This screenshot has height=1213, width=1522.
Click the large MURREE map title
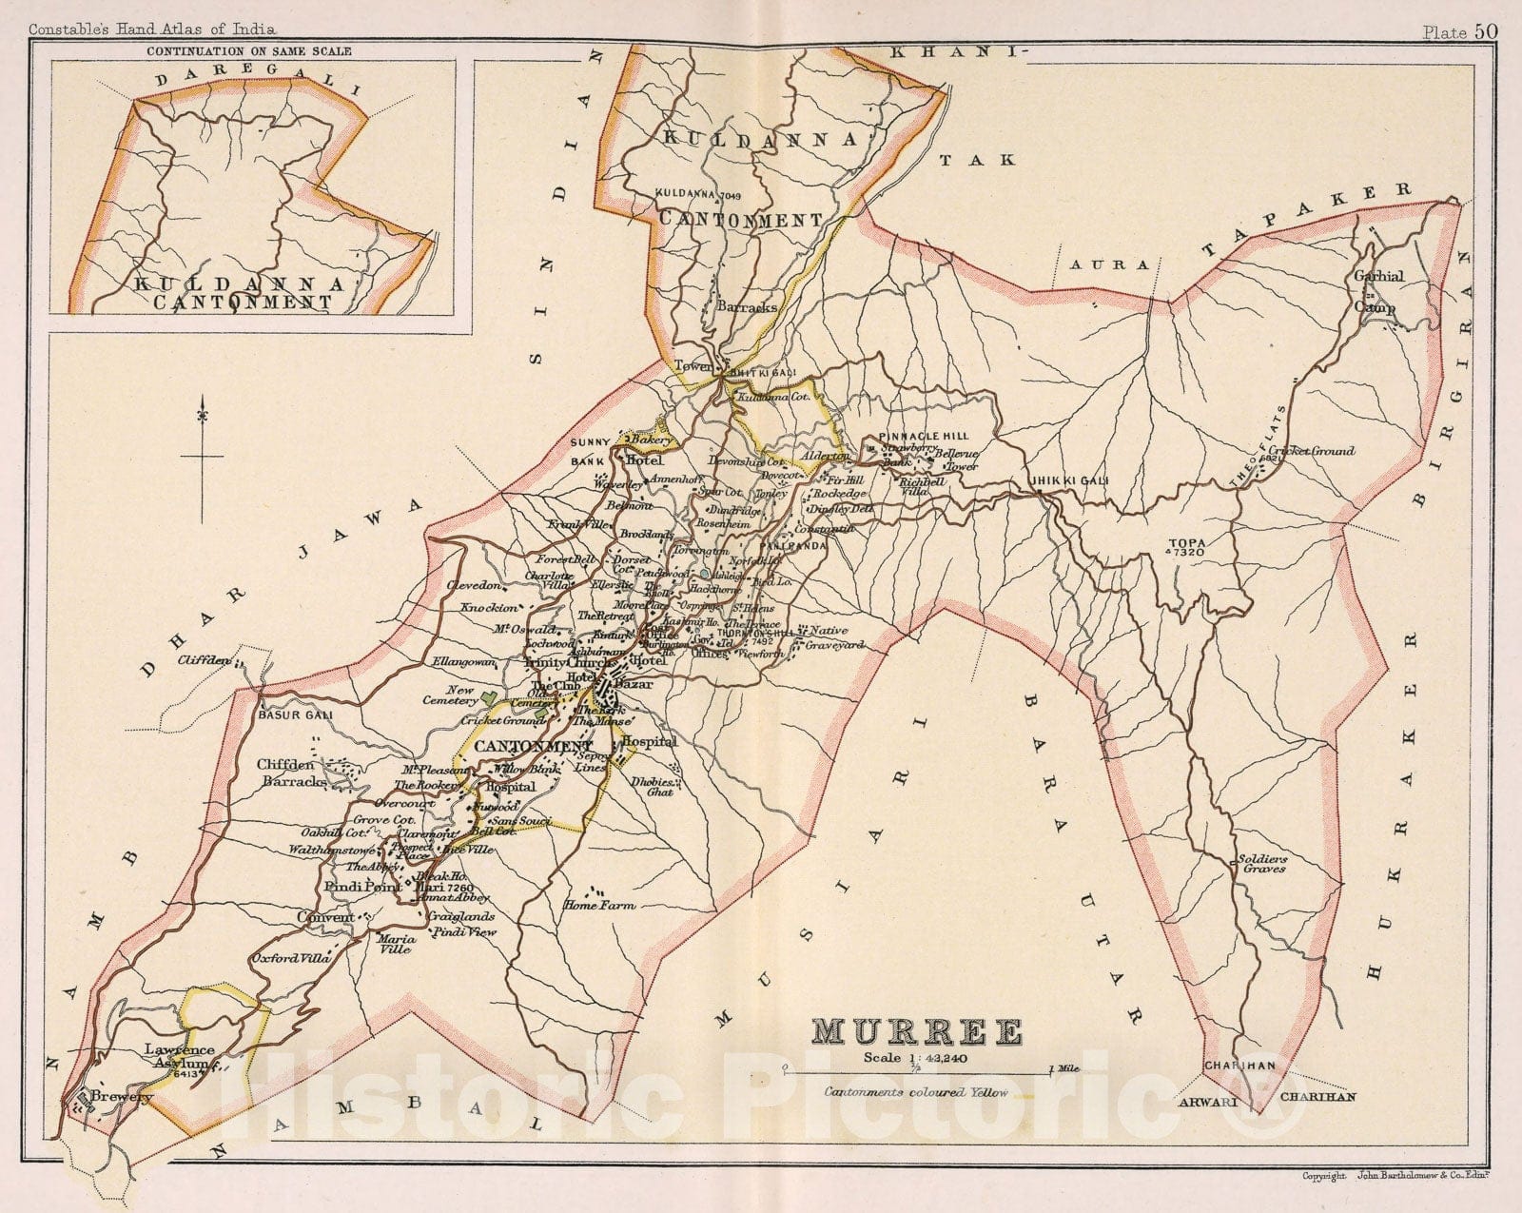click(x=917, y=1031)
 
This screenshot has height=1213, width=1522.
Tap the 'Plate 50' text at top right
click(x=1460, y=30)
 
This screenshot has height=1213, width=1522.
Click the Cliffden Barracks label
click(x=292, y=773)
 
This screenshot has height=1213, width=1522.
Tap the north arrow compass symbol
click(x=202, y=457)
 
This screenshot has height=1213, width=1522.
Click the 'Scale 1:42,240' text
click(x=916, y=1057)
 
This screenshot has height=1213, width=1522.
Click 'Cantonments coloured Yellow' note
click(x=916, y=1092)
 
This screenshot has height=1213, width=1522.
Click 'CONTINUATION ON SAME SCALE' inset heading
click(x=247, y=51)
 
